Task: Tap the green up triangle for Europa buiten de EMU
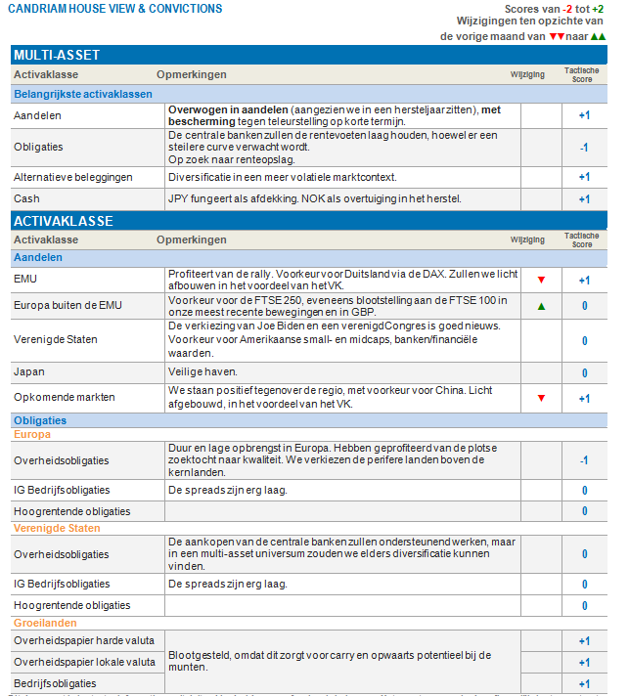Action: pos(541,306)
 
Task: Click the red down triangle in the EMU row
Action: pos(541,280)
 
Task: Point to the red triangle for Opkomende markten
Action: pos(541,398)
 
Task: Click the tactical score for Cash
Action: pos(584,199)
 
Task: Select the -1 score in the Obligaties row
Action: pos(584,148)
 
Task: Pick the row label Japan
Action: pos(29,372)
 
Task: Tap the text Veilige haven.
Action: pos(201,372)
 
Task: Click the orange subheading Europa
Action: pos(30,434)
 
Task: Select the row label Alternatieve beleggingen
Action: pos(73,178)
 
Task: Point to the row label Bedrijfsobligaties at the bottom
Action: pos(55,683)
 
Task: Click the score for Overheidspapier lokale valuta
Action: pos(584,663)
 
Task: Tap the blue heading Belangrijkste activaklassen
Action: pos(83,94)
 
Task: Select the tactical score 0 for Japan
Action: pos(584,372)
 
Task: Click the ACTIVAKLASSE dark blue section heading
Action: pos(64,220)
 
